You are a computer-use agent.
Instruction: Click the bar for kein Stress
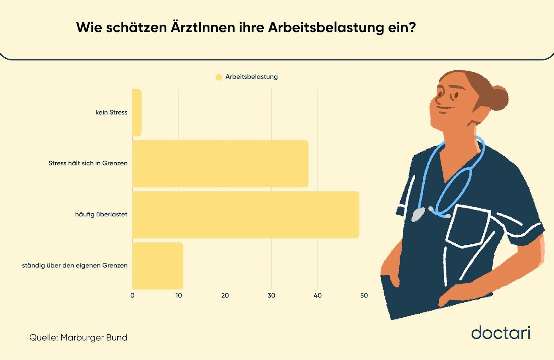click(137, 112)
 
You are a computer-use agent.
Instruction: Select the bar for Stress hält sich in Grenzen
click(220, 164)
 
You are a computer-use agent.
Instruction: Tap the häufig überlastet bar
click(245, 215)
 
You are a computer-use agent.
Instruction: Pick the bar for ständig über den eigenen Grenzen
click(157, 266)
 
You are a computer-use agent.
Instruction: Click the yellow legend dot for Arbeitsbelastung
click(219, 77)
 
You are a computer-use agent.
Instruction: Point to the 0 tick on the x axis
click(132, 295)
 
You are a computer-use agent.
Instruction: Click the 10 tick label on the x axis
click(179, 295)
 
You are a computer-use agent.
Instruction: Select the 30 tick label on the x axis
click(271, 295)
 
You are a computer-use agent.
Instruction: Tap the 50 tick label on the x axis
click(364, 295)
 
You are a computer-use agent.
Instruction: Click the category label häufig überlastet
click(101, 214)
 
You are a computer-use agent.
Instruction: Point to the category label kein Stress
click(111, 112)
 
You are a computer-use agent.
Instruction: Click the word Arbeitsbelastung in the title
click(326, 28)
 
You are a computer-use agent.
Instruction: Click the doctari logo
click(500, 333)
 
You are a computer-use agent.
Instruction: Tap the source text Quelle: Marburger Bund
click(78, 338)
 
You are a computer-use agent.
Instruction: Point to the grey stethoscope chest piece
click(418, 214)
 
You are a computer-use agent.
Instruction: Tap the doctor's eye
click(456, 95)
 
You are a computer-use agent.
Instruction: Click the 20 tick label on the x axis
click(225, 295)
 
